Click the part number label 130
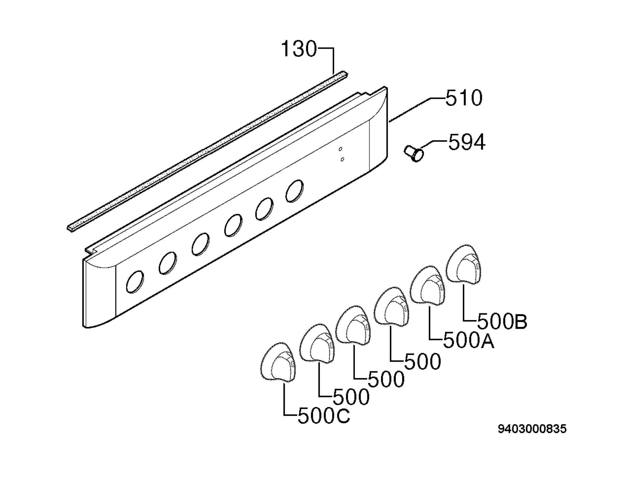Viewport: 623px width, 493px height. (x=299, y=49)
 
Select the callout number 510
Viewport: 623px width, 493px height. (x=464, y=98)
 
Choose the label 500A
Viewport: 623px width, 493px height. (x=469, y=341)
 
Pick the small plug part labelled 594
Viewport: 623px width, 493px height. (x=414, y=154)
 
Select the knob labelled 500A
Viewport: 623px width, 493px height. (x=428, y=285)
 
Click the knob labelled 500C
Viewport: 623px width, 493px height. (x=278, y=362)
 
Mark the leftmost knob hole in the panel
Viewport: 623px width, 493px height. (x=135, y=282)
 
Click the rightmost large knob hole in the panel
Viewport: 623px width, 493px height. (x=294, y=191)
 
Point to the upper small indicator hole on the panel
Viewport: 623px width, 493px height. (x=340, y=149)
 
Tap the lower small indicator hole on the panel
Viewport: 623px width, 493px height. (x=342, y=159)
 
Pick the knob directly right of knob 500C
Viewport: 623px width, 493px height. (x=317, y=344)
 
